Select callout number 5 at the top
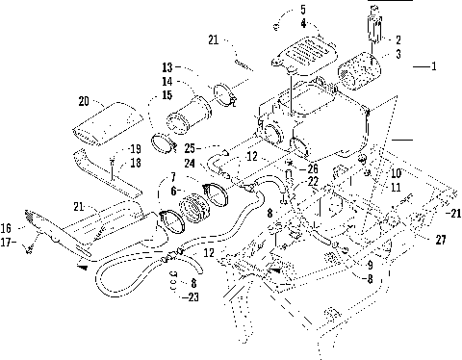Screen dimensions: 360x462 [302, 9]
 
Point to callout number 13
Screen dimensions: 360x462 [167, 67]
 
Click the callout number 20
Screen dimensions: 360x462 [84, 99]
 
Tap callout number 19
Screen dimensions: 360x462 [135, 148]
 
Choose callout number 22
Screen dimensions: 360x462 [314, 182]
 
